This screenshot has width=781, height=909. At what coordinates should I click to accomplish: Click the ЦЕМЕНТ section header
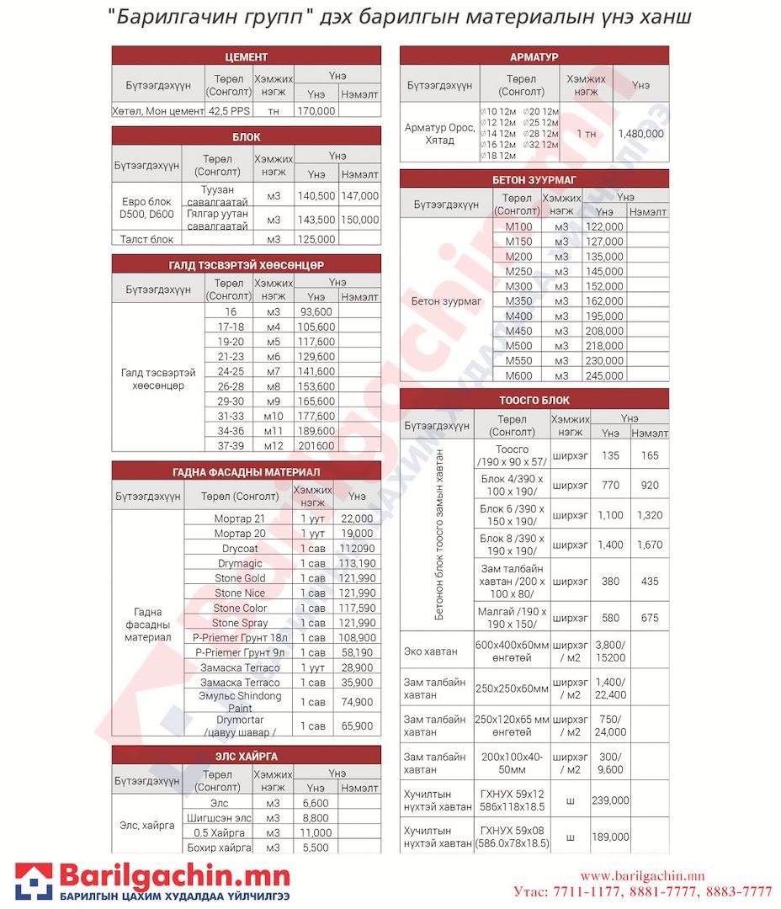246,56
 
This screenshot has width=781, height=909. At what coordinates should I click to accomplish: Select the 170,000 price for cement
316,110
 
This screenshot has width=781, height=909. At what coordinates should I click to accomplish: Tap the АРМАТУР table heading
534,56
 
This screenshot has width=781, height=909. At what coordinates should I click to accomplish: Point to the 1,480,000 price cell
640,133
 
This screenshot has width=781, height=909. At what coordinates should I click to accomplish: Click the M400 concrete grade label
518,316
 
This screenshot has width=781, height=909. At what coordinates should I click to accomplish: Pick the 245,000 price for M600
605,375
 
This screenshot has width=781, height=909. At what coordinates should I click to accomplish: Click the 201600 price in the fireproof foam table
316,445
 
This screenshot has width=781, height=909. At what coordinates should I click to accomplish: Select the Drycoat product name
240,548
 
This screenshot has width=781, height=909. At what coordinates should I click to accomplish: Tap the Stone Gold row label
240,578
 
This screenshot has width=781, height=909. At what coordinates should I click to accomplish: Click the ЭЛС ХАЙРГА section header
246,756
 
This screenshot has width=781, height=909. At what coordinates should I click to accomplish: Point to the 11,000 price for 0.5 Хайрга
316,832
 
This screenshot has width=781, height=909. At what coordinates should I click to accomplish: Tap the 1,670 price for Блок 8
650,545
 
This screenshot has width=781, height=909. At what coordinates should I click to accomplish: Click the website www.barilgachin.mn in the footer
642,876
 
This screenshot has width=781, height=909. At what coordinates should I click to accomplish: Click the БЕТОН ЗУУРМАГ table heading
534,179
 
